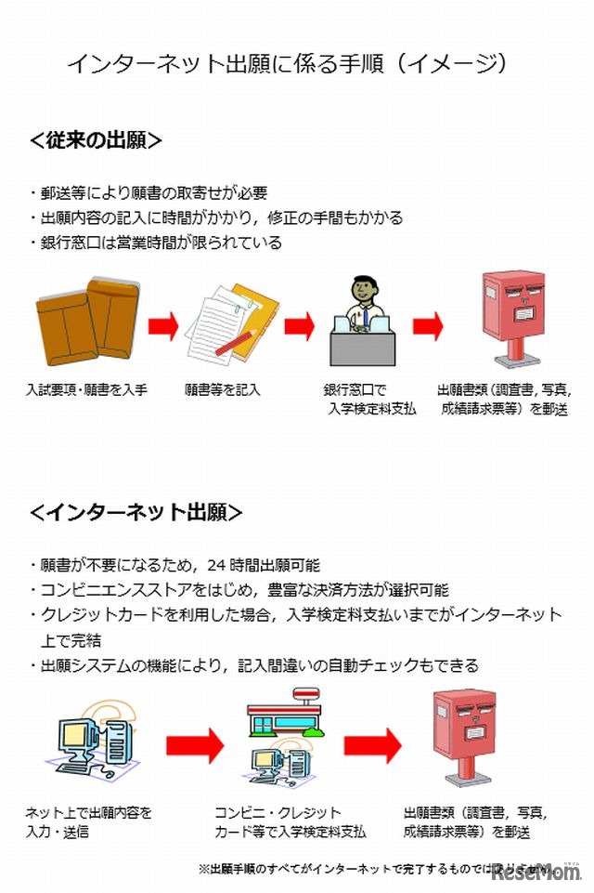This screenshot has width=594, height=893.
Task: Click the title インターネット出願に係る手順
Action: (x=288, y=63)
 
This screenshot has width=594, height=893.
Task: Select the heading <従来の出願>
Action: (x=97, y=140)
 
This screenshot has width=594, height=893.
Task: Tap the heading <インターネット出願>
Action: (x=136, y=512)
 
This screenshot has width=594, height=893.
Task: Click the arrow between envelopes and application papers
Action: (x=163, y=326)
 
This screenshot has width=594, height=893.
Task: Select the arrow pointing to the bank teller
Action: (x=300, y=326)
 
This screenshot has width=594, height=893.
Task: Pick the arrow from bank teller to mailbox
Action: (x=428, y=326)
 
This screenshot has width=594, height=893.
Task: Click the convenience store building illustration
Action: (x=283, y=714)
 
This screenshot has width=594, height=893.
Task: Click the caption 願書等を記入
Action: (x=223, y=389)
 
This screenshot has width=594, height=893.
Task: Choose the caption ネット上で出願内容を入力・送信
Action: (x=88, y=821)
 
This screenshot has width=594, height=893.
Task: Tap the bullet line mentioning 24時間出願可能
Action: (x=181, y=565)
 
